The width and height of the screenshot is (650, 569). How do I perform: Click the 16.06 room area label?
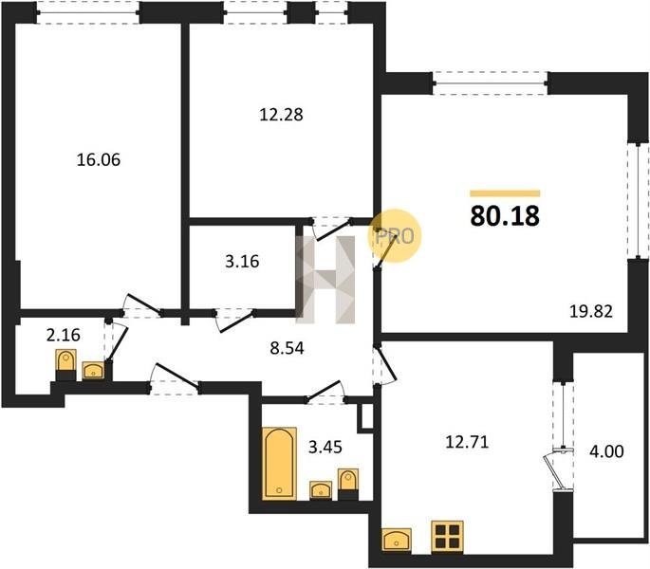99,159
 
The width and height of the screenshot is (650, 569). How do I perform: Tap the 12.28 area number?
281,115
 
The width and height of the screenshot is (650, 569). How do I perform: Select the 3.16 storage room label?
242,262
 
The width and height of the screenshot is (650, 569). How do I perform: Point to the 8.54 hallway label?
287,348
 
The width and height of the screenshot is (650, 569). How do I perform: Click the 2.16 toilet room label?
64,335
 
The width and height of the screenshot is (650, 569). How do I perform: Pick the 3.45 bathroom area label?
325,448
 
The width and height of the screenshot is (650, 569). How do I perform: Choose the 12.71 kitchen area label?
467,442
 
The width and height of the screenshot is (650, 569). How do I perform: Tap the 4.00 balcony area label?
606,451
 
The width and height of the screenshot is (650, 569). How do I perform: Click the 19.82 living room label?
591,311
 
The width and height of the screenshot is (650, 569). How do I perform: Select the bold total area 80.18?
505,216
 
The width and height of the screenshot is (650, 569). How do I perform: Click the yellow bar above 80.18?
505,193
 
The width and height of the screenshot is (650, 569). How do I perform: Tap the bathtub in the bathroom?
279,464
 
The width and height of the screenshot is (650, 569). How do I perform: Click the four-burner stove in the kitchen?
447,537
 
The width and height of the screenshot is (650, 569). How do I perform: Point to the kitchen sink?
397,540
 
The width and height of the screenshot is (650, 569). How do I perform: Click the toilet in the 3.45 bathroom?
348,484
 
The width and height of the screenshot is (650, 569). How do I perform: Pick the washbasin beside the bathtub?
321,490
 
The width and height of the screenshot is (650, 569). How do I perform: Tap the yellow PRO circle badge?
395,236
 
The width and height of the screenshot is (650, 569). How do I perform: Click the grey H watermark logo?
325,280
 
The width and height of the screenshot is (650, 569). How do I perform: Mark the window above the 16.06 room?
88,12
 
